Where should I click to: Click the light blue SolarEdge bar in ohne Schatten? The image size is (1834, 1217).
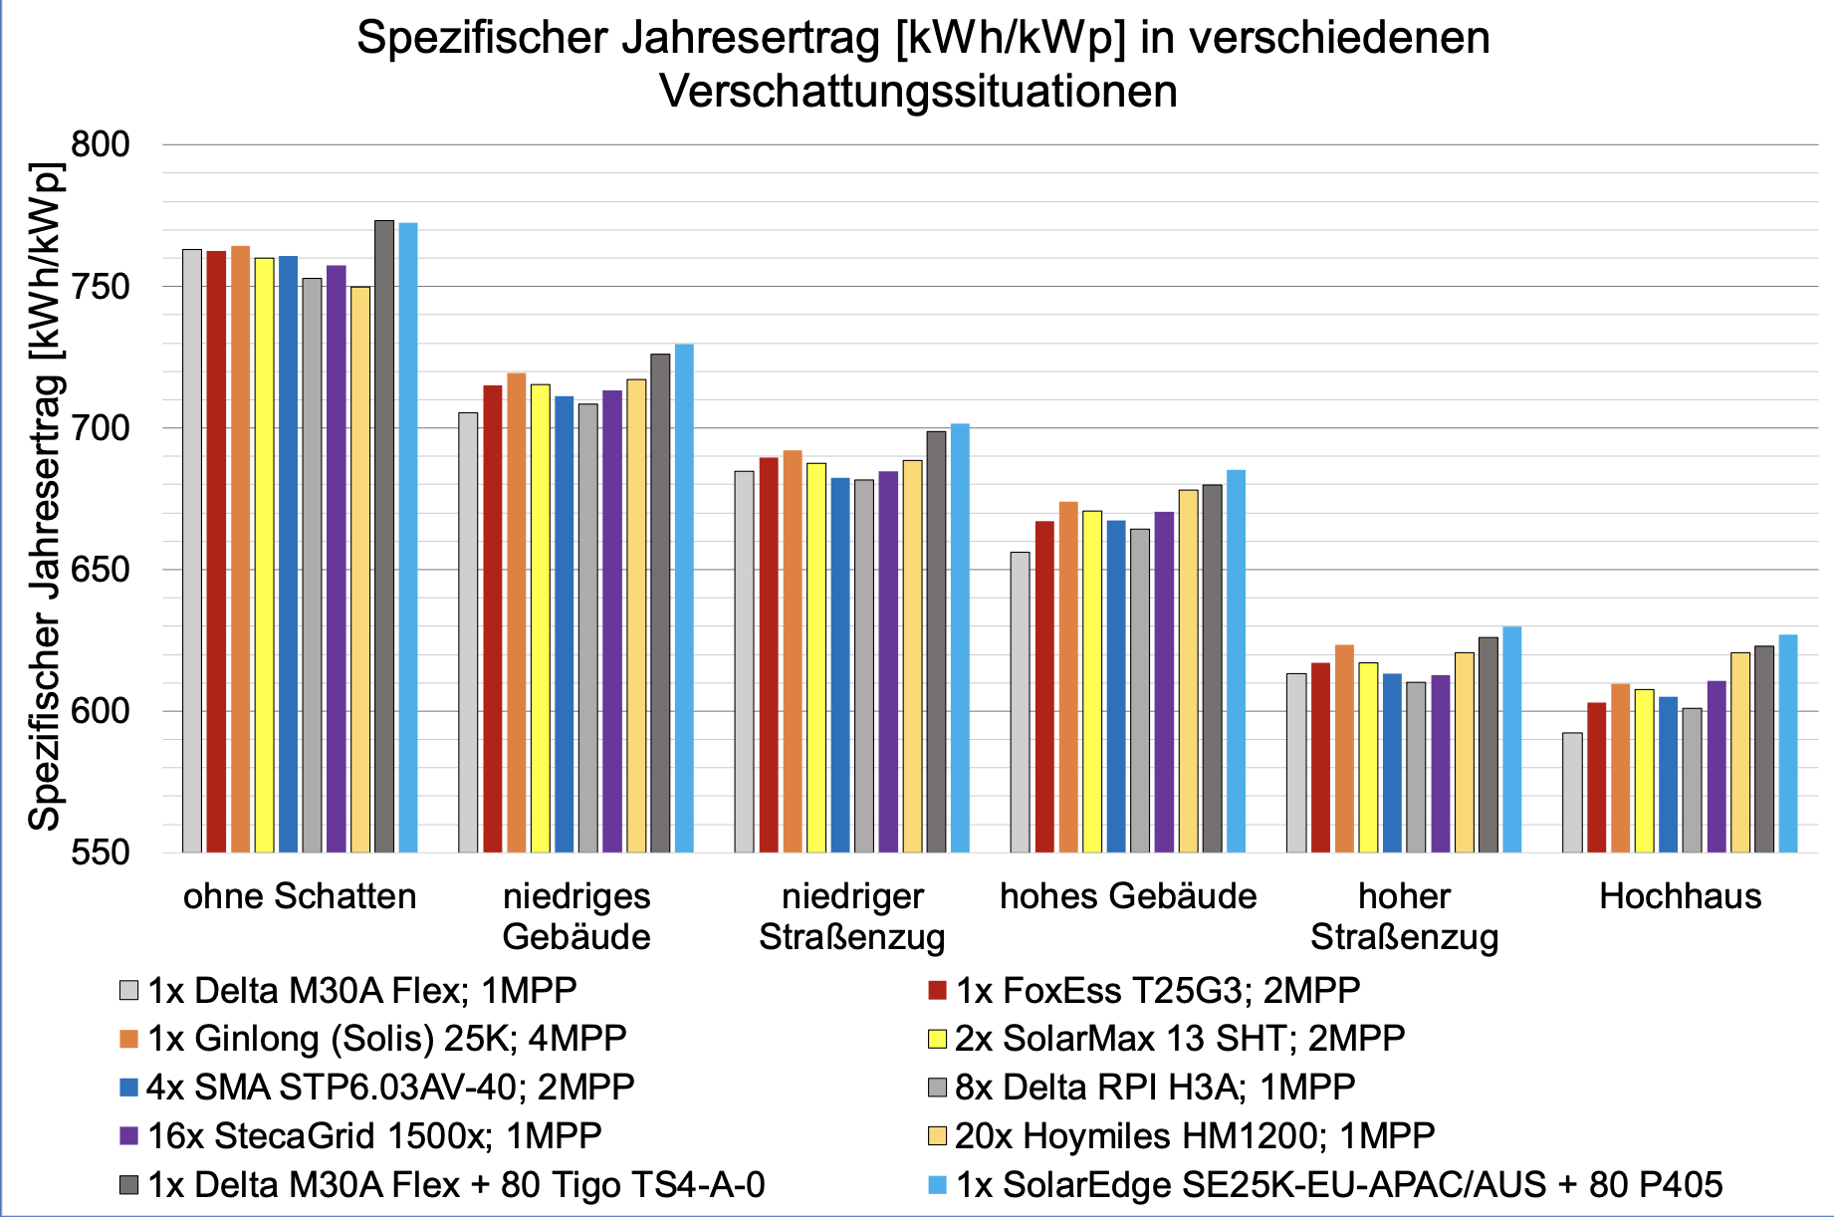[x=408, y=538]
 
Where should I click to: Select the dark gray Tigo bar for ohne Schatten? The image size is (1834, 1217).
[x=384, y=538]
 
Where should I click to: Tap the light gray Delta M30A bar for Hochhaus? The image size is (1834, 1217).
[x=1572, y=793]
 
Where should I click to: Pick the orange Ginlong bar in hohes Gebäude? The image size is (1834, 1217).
[x=1068, y=677]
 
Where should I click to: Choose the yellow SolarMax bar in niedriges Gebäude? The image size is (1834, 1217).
[x=540, y=617]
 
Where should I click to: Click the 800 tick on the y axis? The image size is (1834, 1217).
[x=101, y=144]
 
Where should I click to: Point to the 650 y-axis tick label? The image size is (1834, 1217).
[x=101, y=570]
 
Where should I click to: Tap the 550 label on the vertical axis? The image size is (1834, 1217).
[x=101, y=852]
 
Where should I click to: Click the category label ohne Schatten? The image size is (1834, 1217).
[x=300, y=896]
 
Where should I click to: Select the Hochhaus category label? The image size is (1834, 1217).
[x=1680, y=896]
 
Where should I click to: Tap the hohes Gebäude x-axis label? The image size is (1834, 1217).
[x=1128, y=896]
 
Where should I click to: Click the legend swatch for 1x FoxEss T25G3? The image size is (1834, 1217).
[x=936, y=990]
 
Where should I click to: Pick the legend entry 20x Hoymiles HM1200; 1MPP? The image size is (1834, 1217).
[x=1194, y=1135]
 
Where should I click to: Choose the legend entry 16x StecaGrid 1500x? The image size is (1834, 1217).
[x=374, y=1135]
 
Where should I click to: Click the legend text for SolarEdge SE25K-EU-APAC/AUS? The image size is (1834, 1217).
[x=1338, y=1184]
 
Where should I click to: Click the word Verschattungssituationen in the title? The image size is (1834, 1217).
[x=918, y=91]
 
